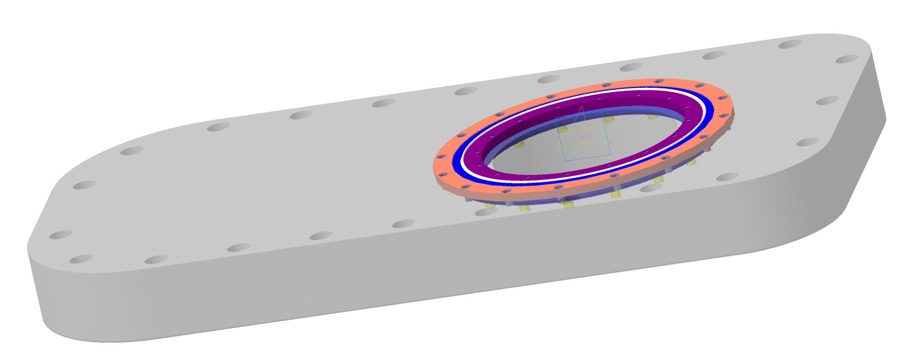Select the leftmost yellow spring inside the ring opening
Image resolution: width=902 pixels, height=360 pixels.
519,144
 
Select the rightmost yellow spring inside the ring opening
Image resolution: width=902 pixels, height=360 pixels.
653,117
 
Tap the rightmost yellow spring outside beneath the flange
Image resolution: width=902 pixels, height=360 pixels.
691,163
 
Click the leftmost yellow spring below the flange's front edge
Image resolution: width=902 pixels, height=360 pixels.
490,205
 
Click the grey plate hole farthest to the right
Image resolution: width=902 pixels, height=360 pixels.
847,59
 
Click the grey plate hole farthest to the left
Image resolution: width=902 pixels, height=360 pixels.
60,235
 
